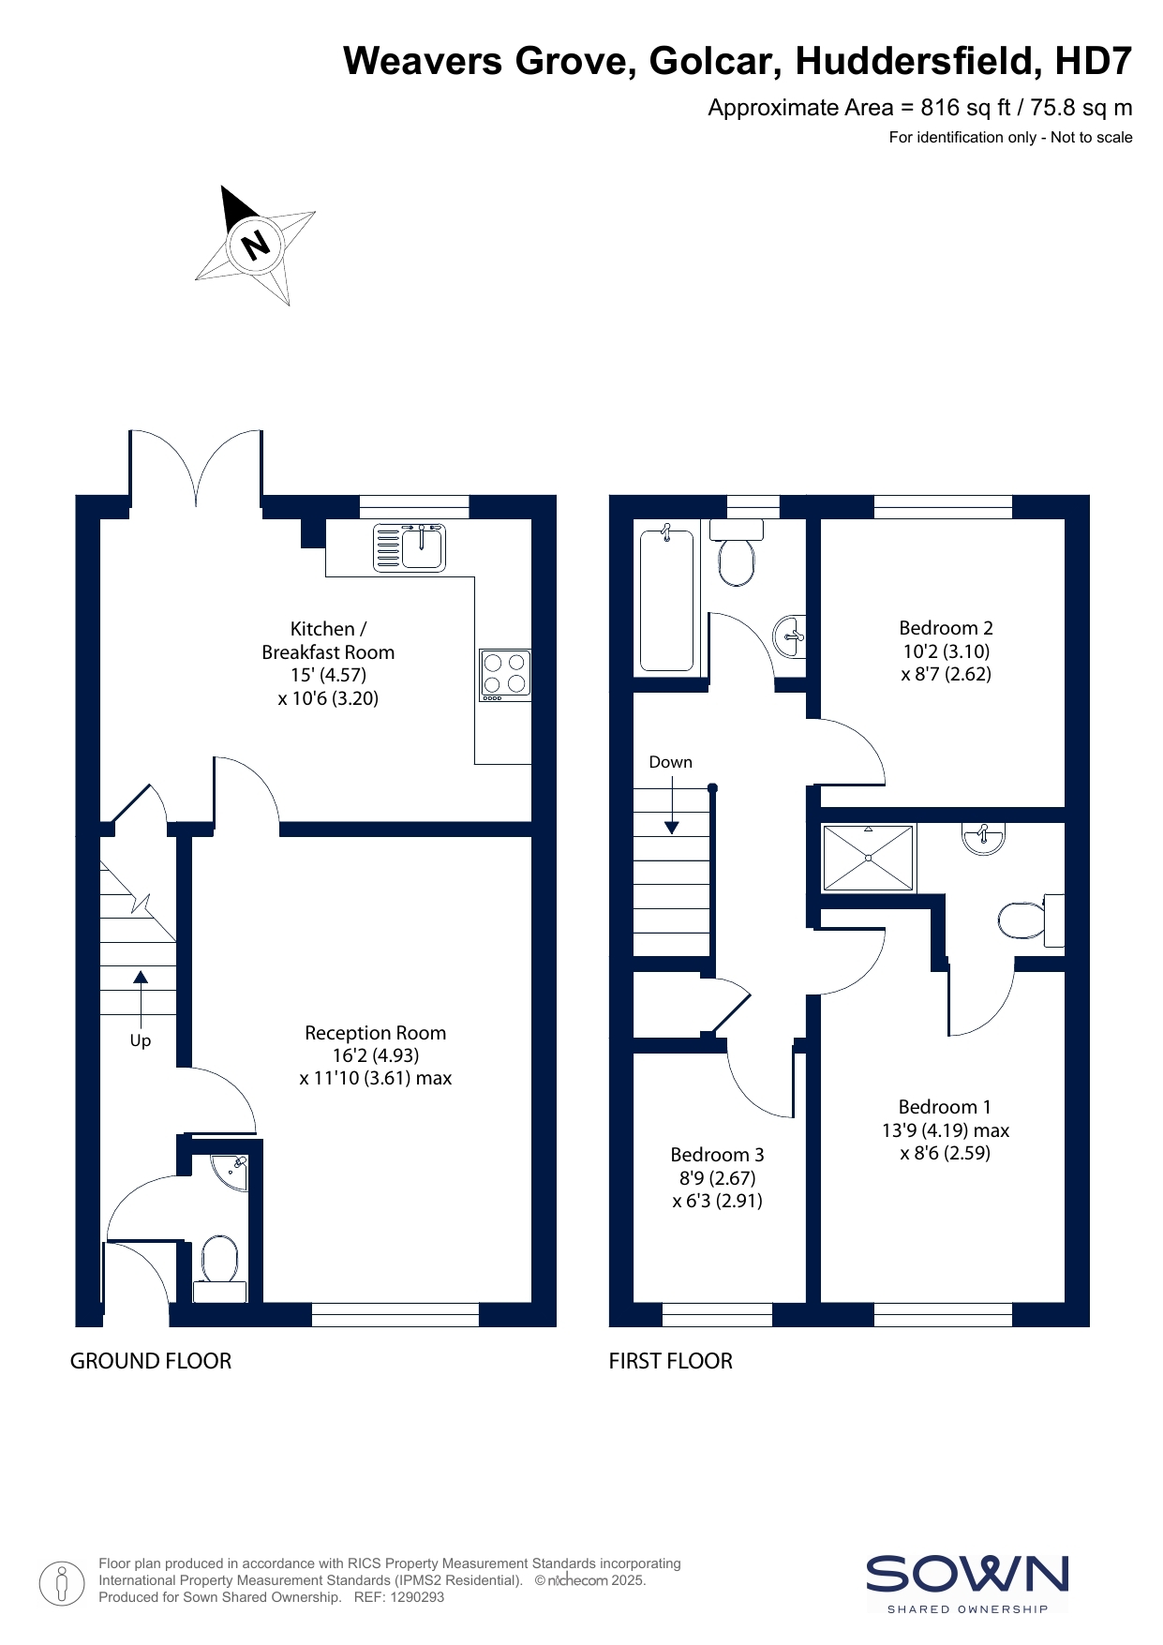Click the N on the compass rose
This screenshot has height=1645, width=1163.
255,245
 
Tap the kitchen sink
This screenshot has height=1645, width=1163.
410,547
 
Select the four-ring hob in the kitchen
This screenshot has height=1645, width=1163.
505,675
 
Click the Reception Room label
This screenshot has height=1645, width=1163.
375,1033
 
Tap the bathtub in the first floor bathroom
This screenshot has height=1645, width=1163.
666,600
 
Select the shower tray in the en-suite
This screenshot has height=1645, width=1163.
868,858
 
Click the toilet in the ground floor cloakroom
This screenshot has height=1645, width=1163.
219,1268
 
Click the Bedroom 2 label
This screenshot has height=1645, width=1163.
946,628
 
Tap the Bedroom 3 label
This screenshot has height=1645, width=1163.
717,1155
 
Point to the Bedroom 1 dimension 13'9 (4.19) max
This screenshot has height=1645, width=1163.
946,1130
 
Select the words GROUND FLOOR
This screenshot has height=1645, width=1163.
151,1361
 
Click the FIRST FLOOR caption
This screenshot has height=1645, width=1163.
671,1361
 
